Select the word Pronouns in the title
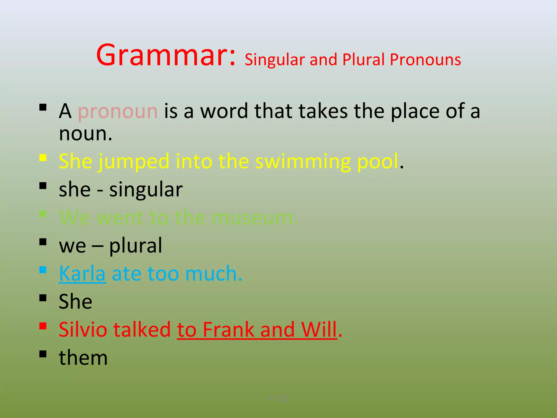click(425, 60)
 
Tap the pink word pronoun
click(117, 112)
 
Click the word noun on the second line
click(85, 134)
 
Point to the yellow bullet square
click(43, 158)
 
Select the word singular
click(146, 190)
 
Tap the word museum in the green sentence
click(254, 218)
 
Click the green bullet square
click(43, 214)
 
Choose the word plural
click(135, 246)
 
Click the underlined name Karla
click(82, 273)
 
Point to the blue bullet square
click(43, 270)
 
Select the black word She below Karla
click(75, 302)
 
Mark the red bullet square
click(43, 326)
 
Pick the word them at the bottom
click(83, 358)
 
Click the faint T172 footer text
click(278, 399)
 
